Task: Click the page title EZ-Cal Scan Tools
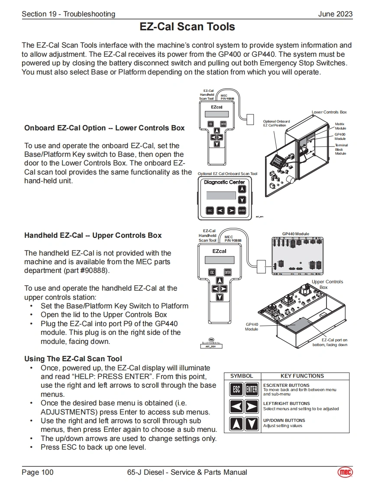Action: pos(187,27)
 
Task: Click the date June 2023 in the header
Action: pos(335,14)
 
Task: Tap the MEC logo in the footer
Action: pos(345,472)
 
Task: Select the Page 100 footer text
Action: pos(38,472)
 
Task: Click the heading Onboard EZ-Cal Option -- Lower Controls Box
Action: pos(104,128)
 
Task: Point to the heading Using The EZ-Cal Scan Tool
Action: pos(73,359)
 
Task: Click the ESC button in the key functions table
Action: pos(236,389)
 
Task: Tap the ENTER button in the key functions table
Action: pos(252,389)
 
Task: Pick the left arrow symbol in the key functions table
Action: pos(236,407)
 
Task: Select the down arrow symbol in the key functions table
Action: pos(252,424)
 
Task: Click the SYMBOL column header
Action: pos(242,376)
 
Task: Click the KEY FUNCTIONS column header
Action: pos(302,376)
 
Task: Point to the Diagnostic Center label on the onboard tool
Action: pos(224,182)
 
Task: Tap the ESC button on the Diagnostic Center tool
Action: pos(210,211)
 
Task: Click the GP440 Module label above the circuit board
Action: pos(296,234)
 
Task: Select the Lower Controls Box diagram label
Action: pos(329,112)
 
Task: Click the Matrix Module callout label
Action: pos(340,126)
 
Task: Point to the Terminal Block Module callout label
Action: pos(341,149)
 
